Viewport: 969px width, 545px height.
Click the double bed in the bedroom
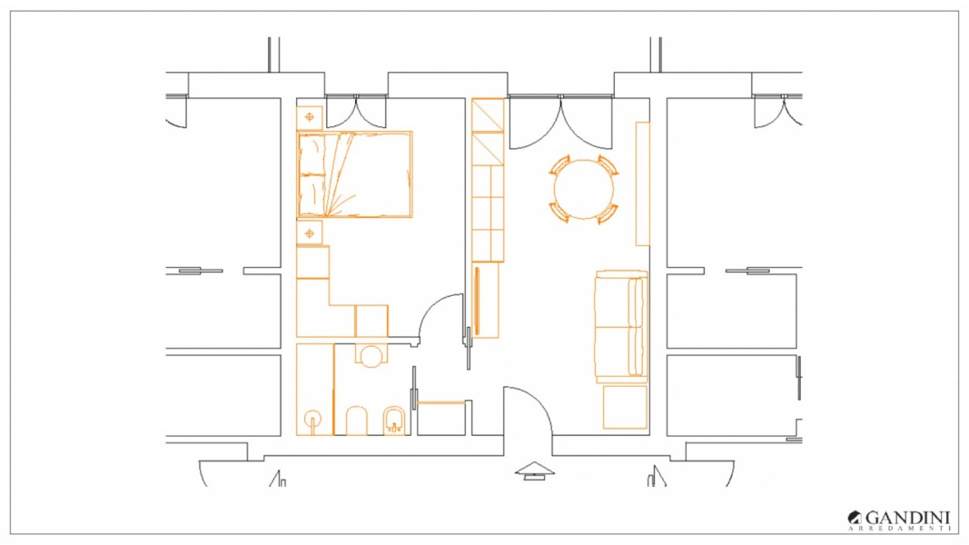[x=355, y=174]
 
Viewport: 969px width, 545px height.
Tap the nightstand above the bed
[x=310, y=117]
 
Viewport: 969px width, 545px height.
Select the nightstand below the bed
[x=310, y=233]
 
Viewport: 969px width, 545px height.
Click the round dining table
[x=583, y=189]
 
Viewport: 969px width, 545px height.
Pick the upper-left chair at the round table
[x=559, y=165]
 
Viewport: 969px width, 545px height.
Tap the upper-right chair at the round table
[x=608, y=165]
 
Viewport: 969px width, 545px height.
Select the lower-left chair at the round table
[x=559, y=212]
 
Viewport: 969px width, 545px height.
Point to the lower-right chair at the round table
[x=608, y=213]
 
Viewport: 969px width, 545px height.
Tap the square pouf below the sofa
[x=625, y=407]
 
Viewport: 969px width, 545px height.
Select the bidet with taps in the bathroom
[x=393, y=421]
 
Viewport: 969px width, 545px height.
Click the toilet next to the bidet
[x=357, y=421]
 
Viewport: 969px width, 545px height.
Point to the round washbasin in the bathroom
[x=371, y=357]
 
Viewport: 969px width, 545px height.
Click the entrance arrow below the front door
[x=535, y=471]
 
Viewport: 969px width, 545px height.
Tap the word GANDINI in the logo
[x=907, y=517]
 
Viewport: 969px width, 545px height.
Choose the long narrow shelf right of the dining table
[x=643, y=183]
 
